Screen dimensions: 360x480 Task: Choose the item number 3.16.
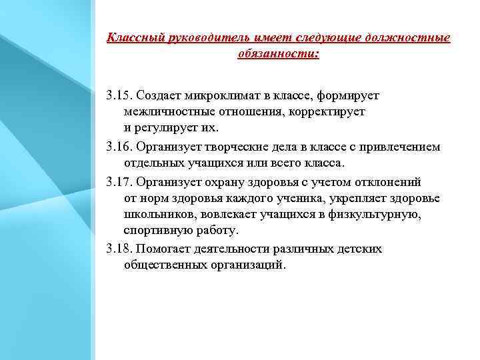(118, 147)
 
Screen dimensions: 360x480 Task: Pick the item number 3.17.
(118, 181)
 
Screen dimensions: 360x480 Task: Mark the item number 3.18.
(118, 249)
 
